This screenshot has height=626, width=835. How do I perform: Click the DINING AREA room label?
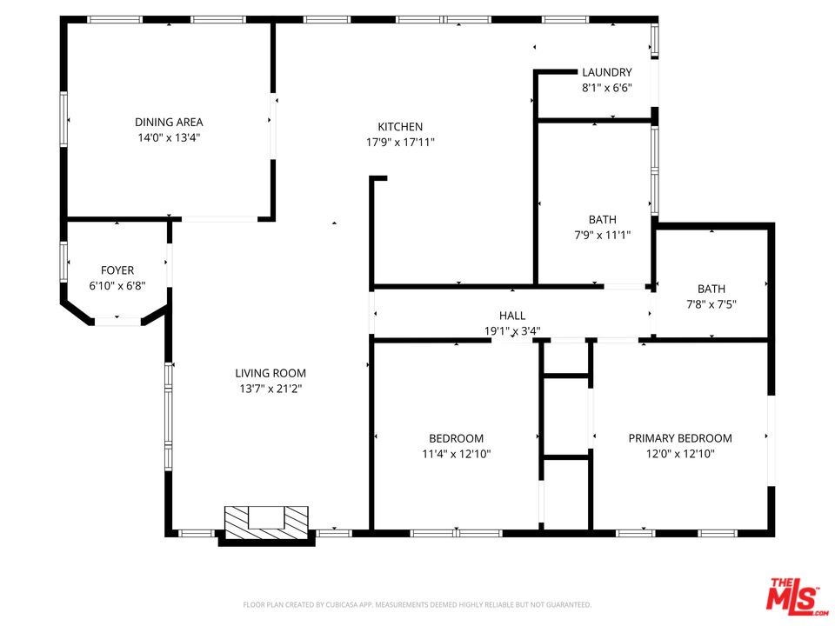pyautogui.click(x=169, y=122)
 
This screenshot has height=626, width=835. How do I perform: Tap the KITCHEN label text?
pyautogui.click(x=400, y=127)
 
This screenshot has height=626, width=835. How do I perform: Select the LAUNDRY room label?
pyautogui.click(x=607, y=72)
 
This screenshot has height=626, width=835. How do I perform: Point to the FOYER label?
pyautogui.click(x=117, y=270)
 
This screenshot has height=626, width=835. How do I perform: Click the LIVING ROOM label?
pyautogui.click(x=271, y=373)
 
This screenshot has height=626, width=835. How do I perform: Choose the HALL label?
pyautogui.click(x=512, y=316)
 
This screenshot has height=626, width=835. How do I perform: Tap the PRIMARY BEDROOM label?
pyautogui.click(x=680, y=438)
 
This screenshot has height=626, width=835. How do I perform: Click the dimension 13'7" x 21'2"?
pyautogui.click(x=271, y=389)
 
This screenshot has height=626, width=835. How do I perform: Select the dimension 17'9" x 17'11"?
pyautogui.click(x=400, y=142)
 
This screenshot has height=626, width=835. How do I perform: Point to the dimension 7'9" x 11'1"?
pyautogui.click(x=602, y=235)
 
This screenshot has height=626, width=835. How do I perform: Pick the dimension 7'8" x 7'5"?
pyautogui.click(x=711, y=304)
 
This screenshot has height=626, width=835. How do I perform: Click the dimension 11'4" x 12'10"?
pyautogui.click(x=457, y=454)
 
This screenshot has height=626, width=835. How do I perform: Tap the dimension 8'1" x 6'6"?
pyautogui.click(x=607, y=88)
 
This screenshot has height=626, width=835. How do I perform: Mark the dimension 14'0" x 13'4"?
pyautogui.click(x=169, y=138)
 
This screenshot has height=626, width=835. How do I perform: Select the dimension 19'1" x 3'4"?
pyautogui.click(x=512, y=331)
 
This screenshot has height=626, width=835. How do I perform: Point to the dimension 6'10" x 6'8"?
pyautogui.click(x=117, y=286)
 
